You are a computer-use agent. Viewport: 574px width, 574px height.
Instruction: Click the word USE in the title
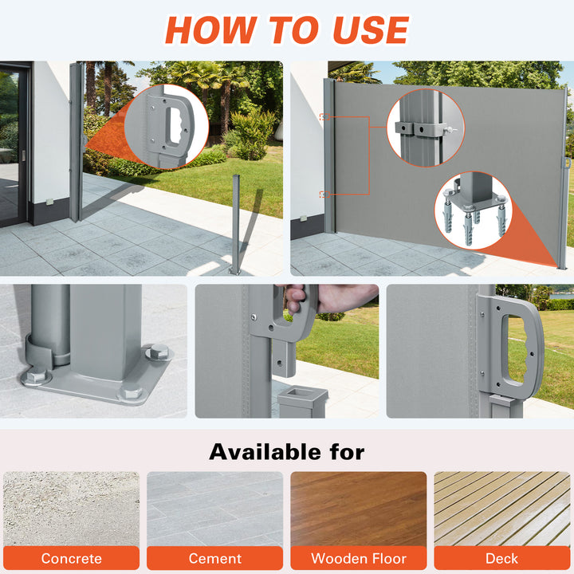pyautogui.click(x=371, y=29)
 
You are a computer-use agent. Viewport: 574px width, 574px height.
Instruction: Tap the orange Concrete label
pyautogui.click(x=72, y=558)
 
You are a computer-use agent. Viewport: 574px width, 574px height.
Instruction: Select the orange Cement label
pyautogui.click(x=215, y=558)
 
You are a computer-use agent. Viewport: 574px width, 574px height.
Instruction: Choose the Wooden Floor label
pyautogui.click(x=359, y=558)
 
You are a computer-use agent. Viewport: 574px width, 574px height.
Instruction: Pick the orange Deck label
pyautogui.click(x=502, y=558)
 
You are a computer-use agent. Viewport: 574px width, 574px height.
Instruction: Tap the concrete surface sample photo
pyautogui.click(x=72, y=509)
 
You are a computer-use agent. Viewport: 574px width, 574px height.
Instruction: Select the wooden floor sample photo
pyautogui.click(x=359, y=509)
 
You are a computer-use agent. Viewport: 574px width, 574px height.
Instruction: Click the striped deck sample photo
pyautogui.click(x=502, y=509)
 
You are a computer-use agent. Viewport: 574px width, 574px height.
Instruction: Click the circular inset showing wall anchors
pyautogui.click(x=472, y=210)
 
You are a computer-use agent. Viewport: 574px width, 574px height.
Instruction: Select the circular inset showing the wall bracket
pyautogui.click(x=426, y=128)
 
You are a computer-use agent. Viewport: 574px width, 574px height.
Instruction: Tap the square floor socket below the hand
pyautogui.click(x=302, y=402)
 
